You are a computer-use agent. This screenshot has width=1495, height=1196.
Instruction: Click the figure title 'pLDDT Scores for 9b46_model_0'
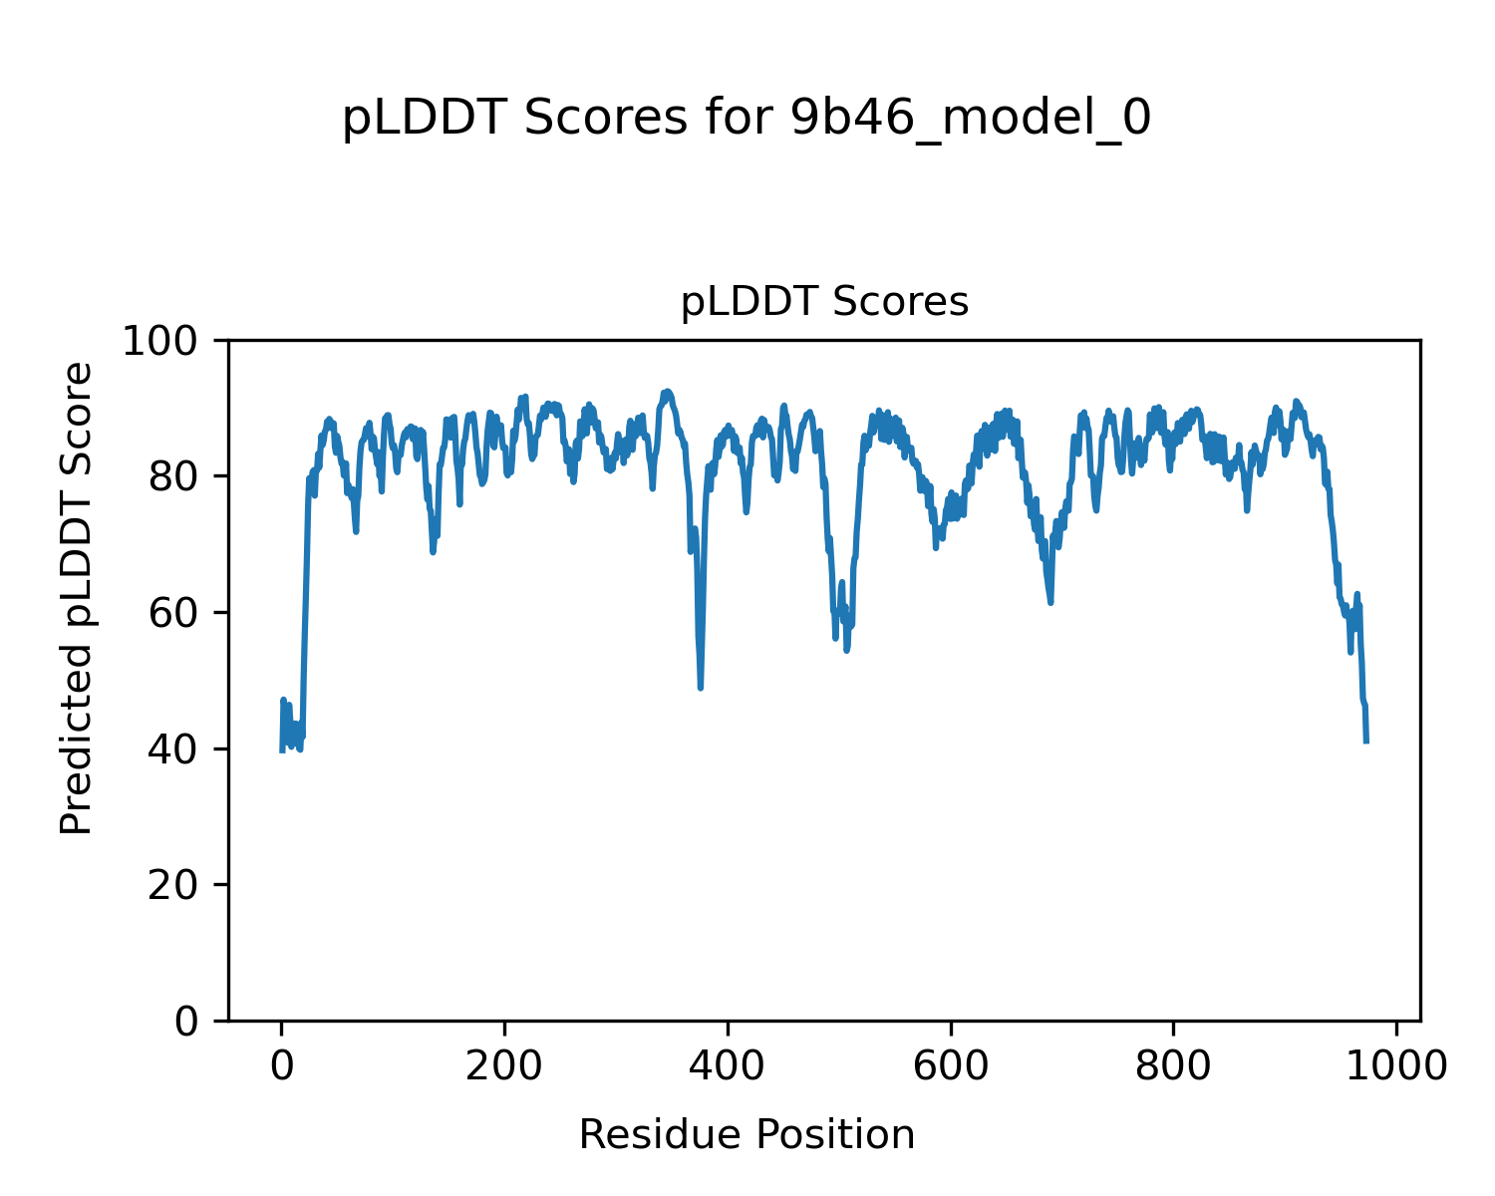click(x=747, y=119)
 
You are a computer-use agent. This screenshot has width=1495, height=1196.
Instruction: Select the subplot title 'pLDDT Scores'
click(x=824, y=302)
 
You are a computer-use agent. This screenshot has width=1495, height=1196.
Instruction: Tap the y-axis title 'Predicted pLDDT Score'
click(x=77, y=598)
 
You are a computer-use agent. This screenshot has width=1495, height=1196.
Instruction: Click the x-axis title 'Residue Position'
click(x=747, y=1134)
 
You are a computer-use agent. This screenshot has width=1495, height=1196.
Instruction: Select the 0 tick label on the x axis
click(x=282, y=1066)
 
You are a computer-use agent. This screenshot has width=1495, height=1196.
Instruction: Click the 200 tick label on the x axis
click(x=504, y=1066)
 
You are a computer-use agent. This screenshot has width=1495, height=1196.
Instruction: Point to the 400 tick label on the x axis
click(x=728, y=1066)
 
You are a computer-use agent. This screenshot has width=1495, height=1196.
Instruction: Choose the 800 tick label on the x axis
click(x=1173, y=1066)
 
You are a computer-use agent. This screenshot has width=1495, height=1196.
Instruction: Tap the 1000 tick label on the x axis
click(x=1395, y=1066)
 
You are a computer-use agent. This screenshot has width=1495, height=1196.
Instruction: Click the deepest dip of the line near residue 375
click(x=701, y=688)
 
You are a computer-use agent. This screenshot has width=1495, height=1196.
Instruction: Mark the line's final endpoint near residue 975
click(x=1366, y=742)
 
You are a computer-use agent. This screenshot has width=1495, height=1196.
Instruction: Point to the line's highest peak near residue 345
click(x=667, y=391)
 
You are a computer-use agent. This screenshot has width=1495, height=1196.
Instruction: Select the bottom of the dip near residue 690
click(x=1050, y=602)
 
